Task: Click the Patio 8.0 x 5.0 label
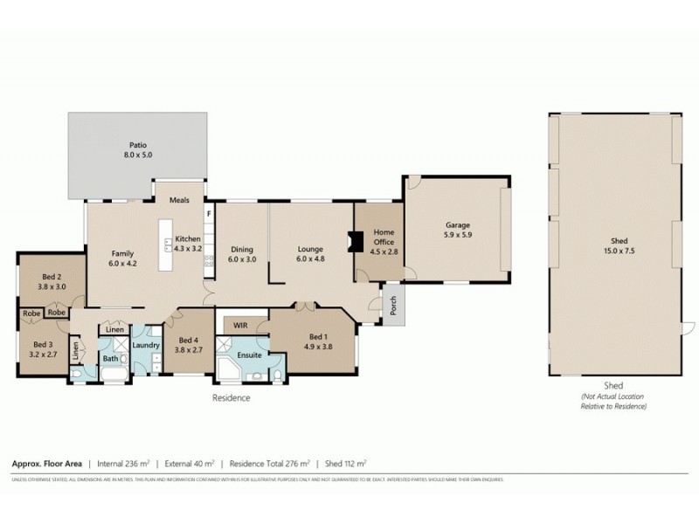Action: [x=137, y=150]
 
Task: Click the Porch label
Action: [x=393, y=306]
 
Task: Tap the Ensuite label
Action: [x=250, y=356]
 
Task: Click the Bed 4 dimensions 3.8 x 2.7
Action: [x=190, y=349]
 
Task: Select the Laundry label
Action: [x=146, y=345]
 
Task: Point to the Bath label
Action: [x=111, y=358]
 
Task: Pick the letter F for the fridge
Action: [x=208, y=213]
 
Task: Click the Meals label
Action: [x=180, y=199]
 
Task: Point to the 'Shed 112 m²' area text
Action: [x=346, y=464]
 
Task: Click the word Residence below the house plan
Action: [x=232, y=397]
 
